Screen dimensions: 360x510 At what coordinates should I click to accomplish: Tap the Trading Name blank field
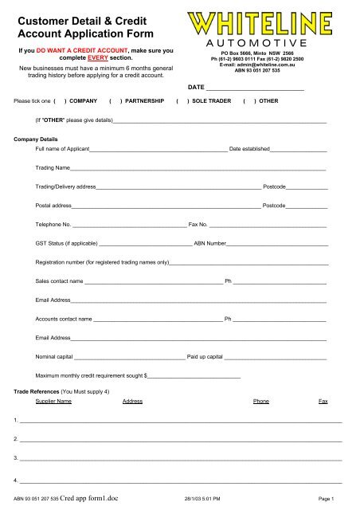[x=199, y=169]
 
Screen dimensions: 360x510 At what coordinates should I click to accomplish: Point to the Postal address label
[x=54, y=206]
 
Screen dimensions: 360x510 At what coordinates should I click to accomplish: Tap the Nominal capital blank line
[x=128, y=357]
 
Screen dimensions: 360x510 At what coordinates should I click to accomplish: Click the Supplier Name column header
[x=54, y=402]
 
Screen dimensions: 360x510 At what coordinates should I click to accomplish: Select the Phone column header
[x=260, y=402]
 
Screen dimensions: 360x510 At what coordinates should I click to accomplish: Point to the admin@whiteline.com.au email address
[x=263, y=64]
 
